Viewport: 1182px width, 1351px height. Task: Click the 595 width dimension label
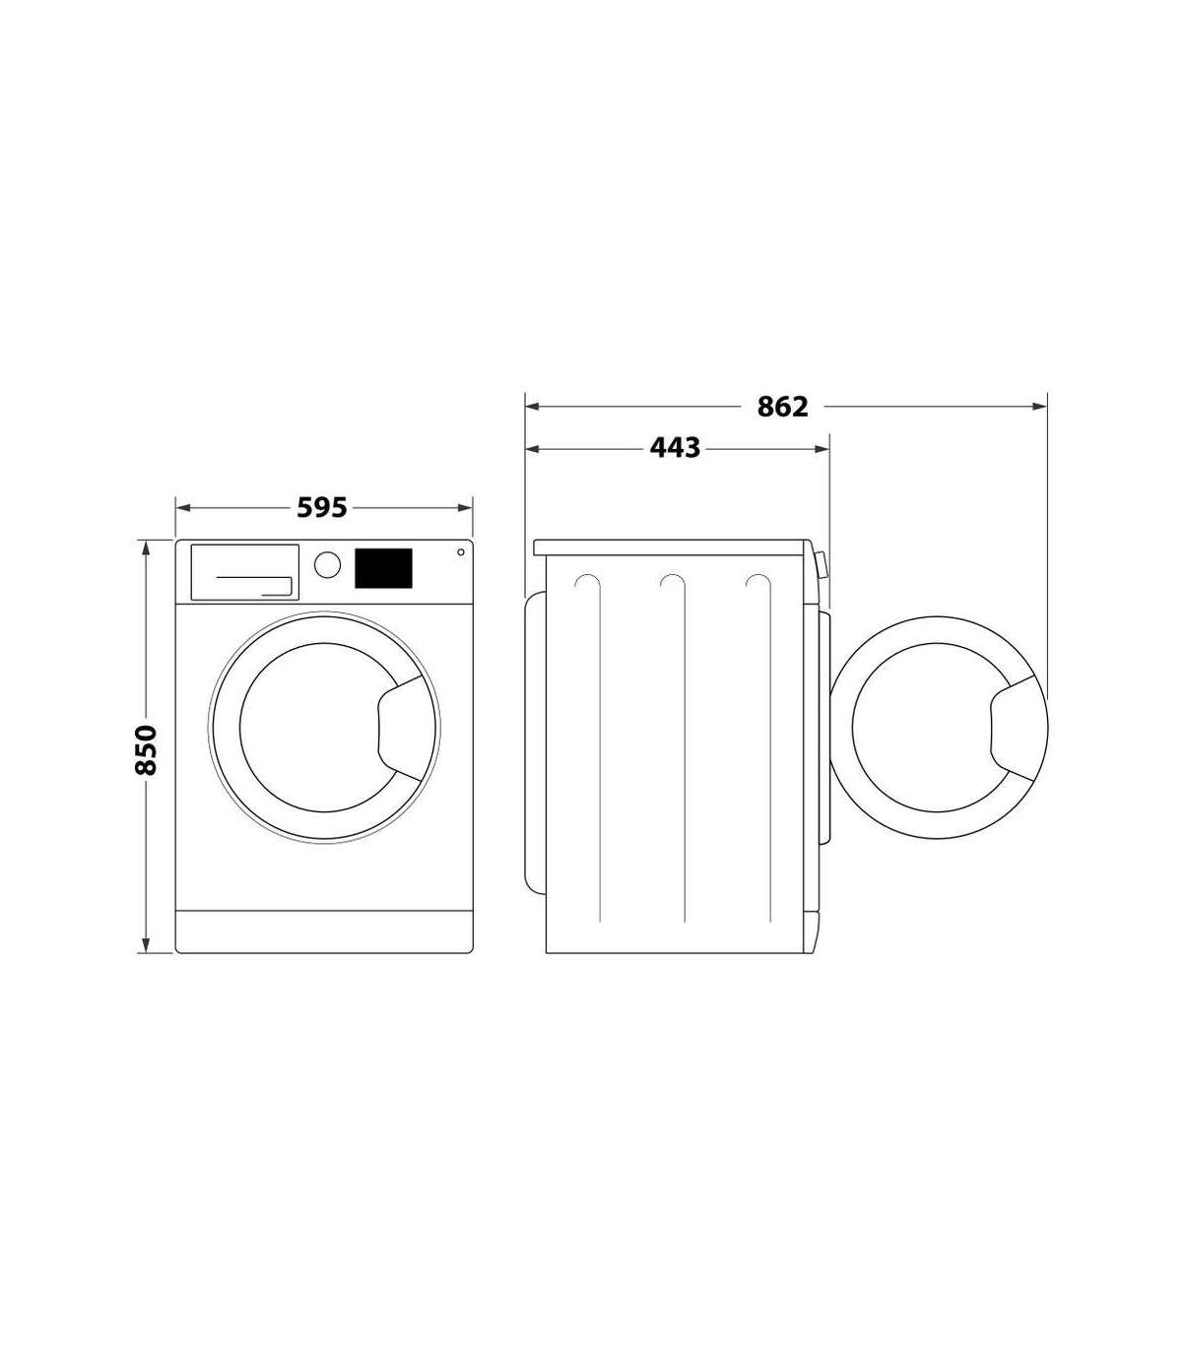(x=321, y=507)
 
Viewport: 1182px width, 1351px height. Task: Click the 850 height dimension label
(x=146, y=749)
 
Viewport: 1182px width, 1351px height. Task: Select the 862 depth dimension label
(x=782, y=407)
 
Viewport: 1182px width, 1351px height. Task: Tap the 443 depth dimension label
(x=675, y=448)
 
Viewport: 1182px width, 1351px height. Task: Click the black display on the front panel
(x=383, y=568)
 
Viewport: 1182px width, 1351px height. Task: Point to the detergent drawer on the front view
(x=245, y=572)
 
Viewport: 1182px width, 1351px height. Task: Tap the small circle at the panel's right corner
(x=461, y=552)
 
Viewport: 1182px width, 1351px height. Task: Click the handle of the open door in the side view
(x=1015, y=729)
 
